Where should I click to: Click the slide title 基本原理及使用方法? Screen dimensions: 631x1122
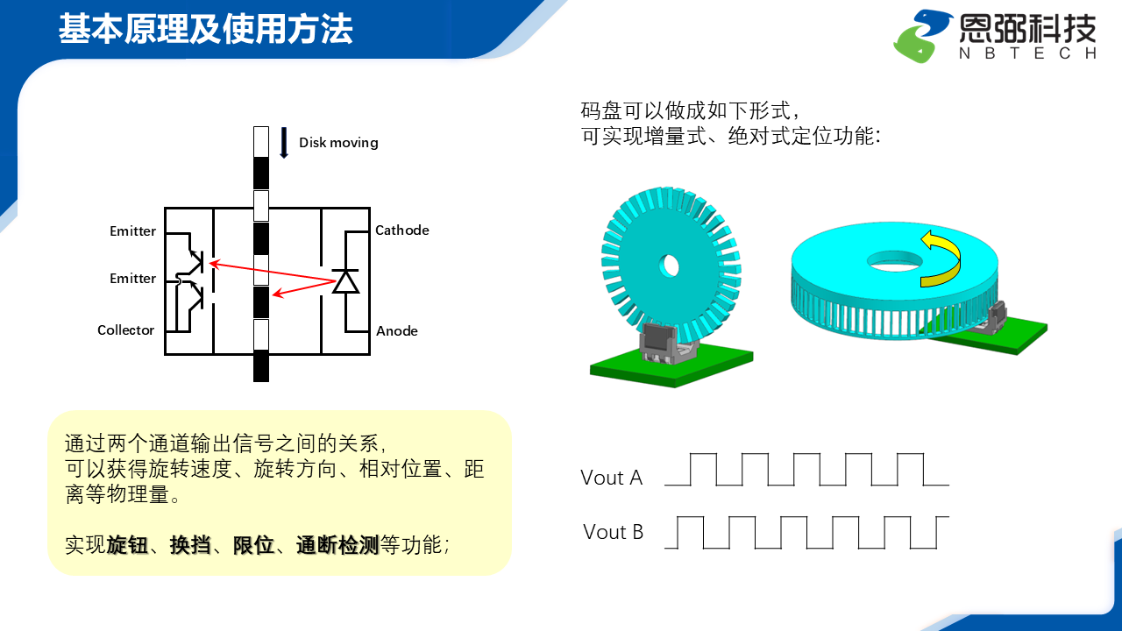[x=205, y=30]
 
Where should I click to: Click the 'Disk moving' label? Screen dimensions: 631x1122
[x=338, y=143]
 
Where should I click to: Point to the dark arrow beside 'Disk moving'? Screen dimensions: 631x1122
[x=284, y=143]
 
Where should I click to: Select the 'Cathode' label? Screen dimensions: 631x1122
[x=401, y=230]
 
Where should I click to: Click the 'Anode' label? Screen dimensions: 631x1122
[x=396, y=331]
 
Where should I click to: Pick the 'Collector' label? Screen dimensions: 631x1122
[x=125, y=330]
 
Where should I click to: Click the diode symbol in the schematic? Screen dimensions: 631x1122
[x=346, y=281]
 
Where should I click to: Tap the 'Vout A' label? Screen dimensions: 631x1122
[x=611, y=478]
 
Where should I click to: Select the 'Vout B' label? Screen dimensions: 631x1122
[x=613, y=532]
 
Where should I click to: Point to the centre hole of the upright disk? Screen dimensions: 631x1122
[x=671, y=264]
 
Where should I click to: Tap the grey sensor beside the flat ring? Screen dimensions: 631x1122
[x=997, y=317]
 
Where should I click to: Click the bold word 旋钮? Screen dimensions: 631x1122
[x=127, y=545]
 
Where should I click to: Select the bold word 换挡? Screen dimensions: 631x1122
[x=190, y=545]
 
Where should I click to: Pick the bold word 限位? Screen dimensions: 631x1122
[x=253, y=545]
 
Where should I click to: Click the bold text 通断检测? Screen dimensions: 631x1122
[x=337, y=545]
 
